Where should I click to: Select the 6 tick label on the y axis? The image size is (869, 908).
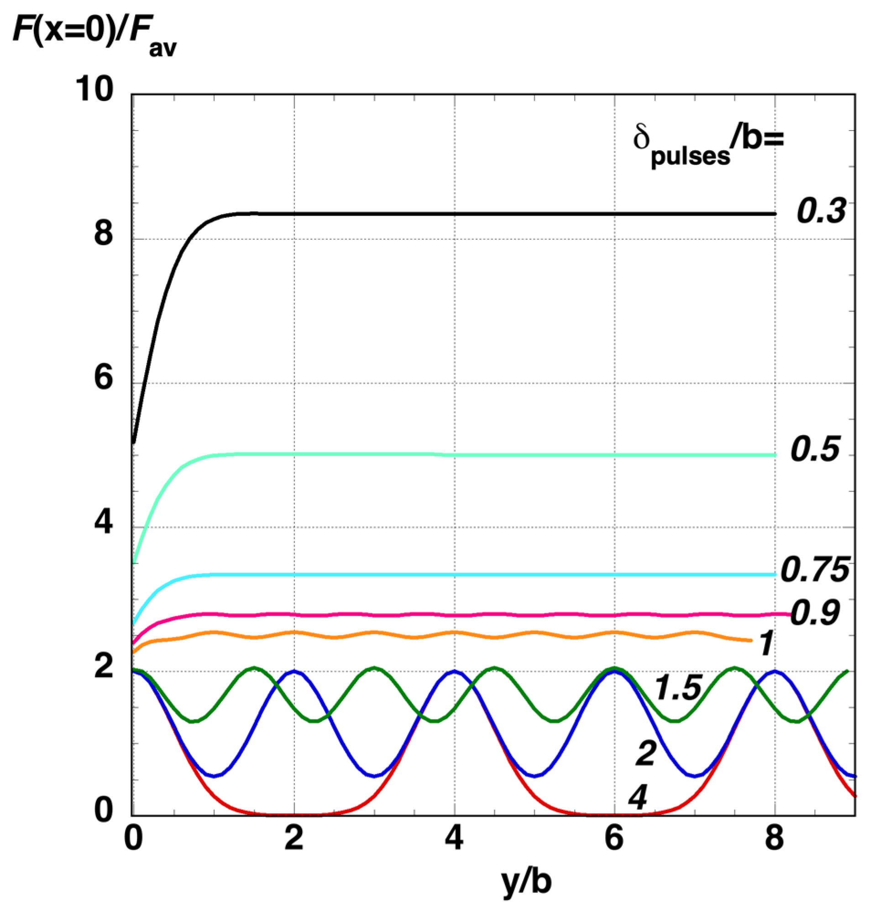tap(103, 377)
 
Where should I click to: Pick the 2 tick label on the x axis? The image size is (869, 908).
tap(293, 838)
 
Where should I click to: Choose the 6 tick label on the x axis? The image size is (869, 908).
tap(614, 838)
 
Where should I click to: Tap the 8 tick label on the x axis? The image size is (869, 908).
tap(774, 838)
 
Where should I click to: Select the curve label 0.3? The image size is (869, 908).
tap(821, 211)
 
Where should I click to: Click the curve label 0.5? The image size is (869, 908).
tap(815, 449)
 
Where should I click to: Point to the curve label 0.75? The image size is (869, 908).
tap(815, 570)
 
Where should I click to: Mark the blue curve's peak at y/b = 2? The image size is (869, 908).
tap(294, 671)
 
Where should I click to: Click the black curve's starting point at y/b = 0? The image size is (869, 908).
tap(134, 443)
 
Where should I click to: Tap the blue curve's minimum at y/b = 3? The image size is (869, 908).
tap(375, 776)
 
